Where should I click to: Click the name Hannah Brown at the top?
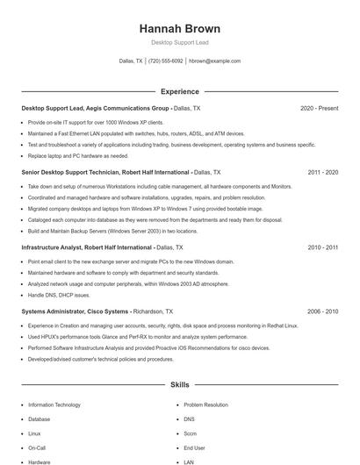pyautogui.click(x=179, y=28)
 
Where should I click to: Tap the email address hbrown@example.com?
pyautogui.click(x=214, y=61)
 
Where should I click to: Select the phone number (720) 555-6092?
pyautogui.click(x=166, y=61)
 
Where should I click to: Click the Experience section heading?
pyautogui.click(x=179, y=91)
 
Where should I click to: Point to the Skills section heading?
pyautogui.click(x=179, y=384)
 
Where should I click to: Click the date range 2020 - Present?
pyautogui.click(x=319, y=109)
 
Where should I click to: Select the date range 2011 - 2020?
pyautogui.click(x=322, y=173)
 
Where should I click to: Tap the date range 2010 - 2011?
pyautogui.click(x=322, y=248)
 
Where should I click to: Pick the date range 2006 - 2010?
pyautogui.click(x=322, y=311)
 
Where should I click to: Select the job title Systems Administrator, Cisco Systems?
pyautogui.click(x=75, y=311)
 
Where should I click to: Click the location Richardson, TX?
pyautogui.click(x=153, y=311)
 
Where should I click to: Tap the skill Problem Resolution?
pyautogui.click(x=205, y=405)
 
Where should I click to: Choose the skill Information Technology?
pyautogui.click(x=54, y=405)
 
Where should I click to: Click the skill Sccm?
pyautogui.click(x=191, y=433)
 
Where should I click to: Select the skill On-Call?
pyautogui.click(x=37, y=447)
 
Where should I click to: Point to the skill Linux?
pyautogui.click(x=34, y=433)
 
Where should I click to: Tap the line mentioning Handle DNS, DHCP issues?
pyautogui.click(x=59, y=295)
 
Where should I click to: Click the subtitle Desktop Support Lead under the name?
pyautogui.click(x=179, y=42)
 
